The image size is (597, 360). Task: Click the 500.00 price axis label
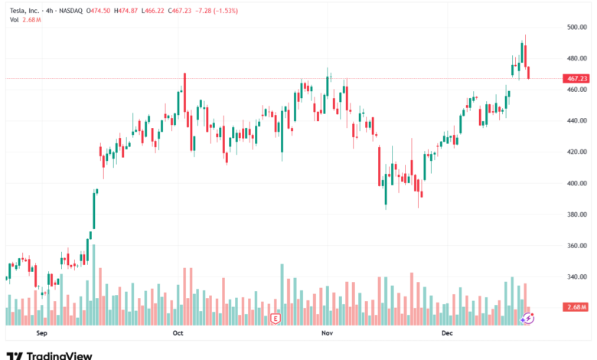pos(576,27)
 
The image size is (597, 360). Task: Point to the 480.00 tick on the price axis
pos(576,58)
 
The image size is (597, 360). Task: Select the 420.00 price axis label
pos(576,152)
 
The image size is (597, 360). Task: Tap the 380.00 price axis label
pos(576,214)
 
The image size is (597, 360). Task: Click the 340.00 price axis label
pos(576,277)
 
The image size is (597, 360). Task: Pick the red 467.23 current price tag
pos(576,78)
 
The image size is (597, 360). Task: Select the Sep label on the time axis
pos(42,333)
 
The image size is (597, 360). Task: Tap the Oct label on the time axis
pos(178,333)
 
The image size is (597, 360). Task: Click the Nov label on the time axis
pos(327,333)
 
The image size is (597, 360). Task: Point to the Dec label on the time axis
pos(448,333)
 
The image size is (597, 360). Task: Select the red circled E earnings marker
pos(276,317)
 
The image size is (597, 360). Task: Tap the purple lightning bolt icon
pos(528,317)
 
